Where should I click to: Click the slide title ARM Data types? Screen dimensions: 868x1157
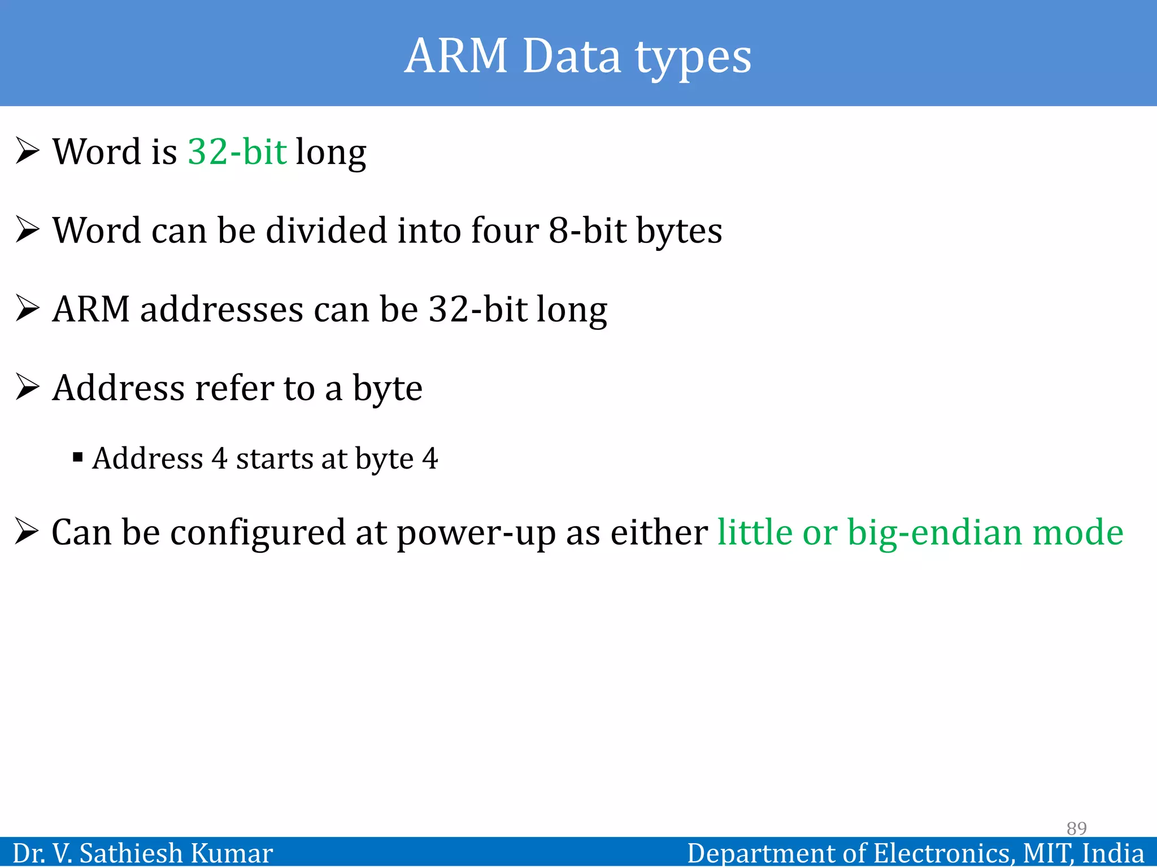[578, 57]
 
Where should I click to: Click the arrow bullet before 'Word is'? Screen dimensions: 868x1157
[28, 151]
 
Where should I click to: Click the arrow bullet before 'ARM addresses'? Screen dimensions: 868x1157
[28, 309]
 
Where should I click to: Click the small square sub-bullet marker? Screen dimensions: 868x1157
[78, 457]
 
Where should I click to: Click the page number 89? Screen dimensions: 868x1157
[1076, 828]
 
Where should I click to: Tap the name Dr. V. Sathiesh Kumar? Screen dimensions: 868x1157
[142, 853]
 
